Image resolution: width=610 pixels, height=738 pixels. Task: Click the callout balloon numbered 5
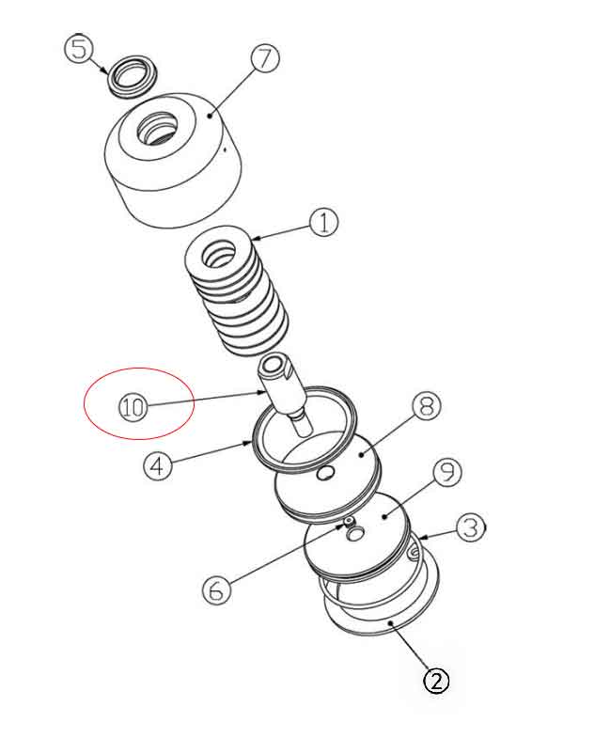coord(78,48)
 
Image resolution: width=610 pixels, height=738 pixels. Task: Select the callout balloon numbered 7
coord(265,58)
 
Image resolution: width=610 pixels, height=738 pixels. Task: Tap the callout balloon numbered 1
coord(323,223)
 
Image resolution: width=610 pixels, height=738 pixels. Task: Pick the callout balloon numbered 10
coord(133,408)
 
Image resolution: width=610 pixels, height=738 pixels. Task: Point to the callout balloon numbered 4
coord(158,465)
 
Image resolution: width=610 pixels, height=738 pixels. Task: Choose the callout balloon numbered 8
coord(425,406)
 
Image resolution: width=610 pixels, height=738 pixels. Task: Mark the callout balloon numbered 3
coord(471,527)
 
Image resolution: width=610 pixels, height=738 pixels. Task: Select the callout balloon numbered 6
coord(216,589)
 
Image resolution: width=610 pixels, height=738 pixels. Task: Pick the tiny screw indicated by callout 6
coord(349,521)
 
